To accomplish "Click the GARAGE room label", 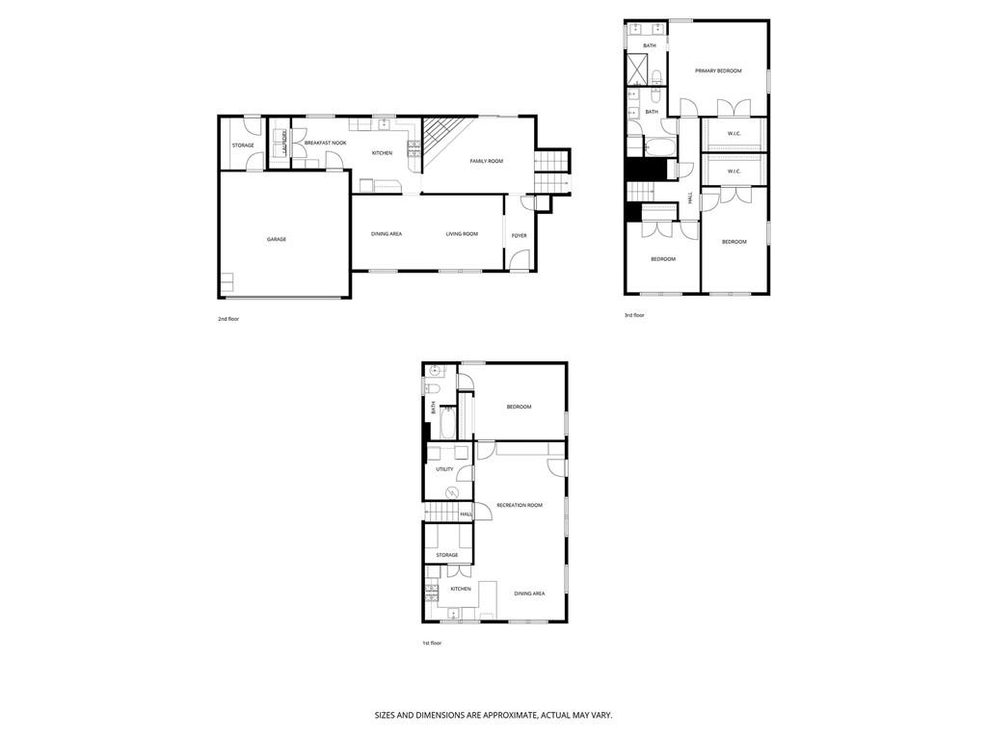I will (x=277, y=239).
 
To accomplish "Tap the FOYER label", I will (x=519, y=235).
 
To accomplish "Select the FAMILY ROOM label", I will (x=486, y=161).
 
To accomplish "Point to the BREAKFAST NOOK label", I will (x=325, y=143).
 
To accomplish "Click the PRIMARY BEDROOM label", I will (x=718, y=70).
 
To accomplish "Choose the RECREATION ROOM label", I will (x=520, y=505).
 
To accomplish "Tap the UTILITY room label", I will (x=444, y=469).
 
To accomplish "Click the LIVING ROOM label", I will (x=462, y=233).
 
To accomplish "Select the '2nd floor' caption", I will (x=227, y=318).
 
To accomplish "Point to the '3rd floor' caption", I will (x=634, y=315).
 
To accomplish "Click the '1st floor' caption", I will (x=431, y=643).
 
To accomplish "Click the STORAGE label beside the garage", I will (x=243, y=145).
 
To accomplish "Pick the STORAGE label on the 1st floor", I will (x=446, y=555).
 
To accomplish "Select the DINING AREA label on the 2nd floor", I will (x=387, y=233).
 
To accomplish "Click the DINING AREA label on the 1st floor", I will (x=529, y=594).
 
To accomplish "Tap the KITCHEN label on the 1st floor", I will (x=461, y=589).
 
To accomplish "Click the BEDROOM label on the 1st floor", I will (x=519, y=407).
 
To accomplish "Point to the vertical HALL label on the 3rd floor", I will (x=690, y=198).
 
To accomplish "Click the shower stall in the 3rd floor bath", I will (x=637, y=68).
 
